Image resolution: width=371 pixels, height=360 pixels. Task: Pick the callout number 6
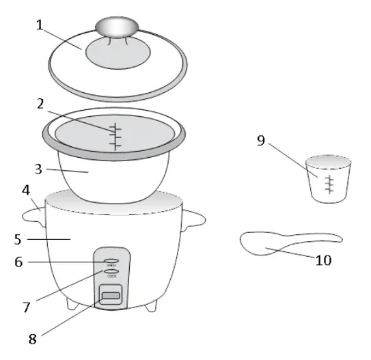tap(20, 262)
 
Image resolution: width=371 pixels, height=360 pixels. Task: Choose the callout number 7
tap(27, 307)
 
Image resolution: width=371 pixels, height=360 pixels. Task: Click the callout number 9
tap(260, 141)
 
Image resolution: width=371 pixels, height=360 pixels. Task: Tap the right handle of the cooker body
tap(195, 217)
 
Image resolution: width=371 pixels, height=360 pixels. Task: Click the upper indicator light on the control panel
tap(111, 261)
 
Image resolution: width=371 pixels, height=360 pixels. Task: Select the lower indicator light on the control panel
tap(110, 271)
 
